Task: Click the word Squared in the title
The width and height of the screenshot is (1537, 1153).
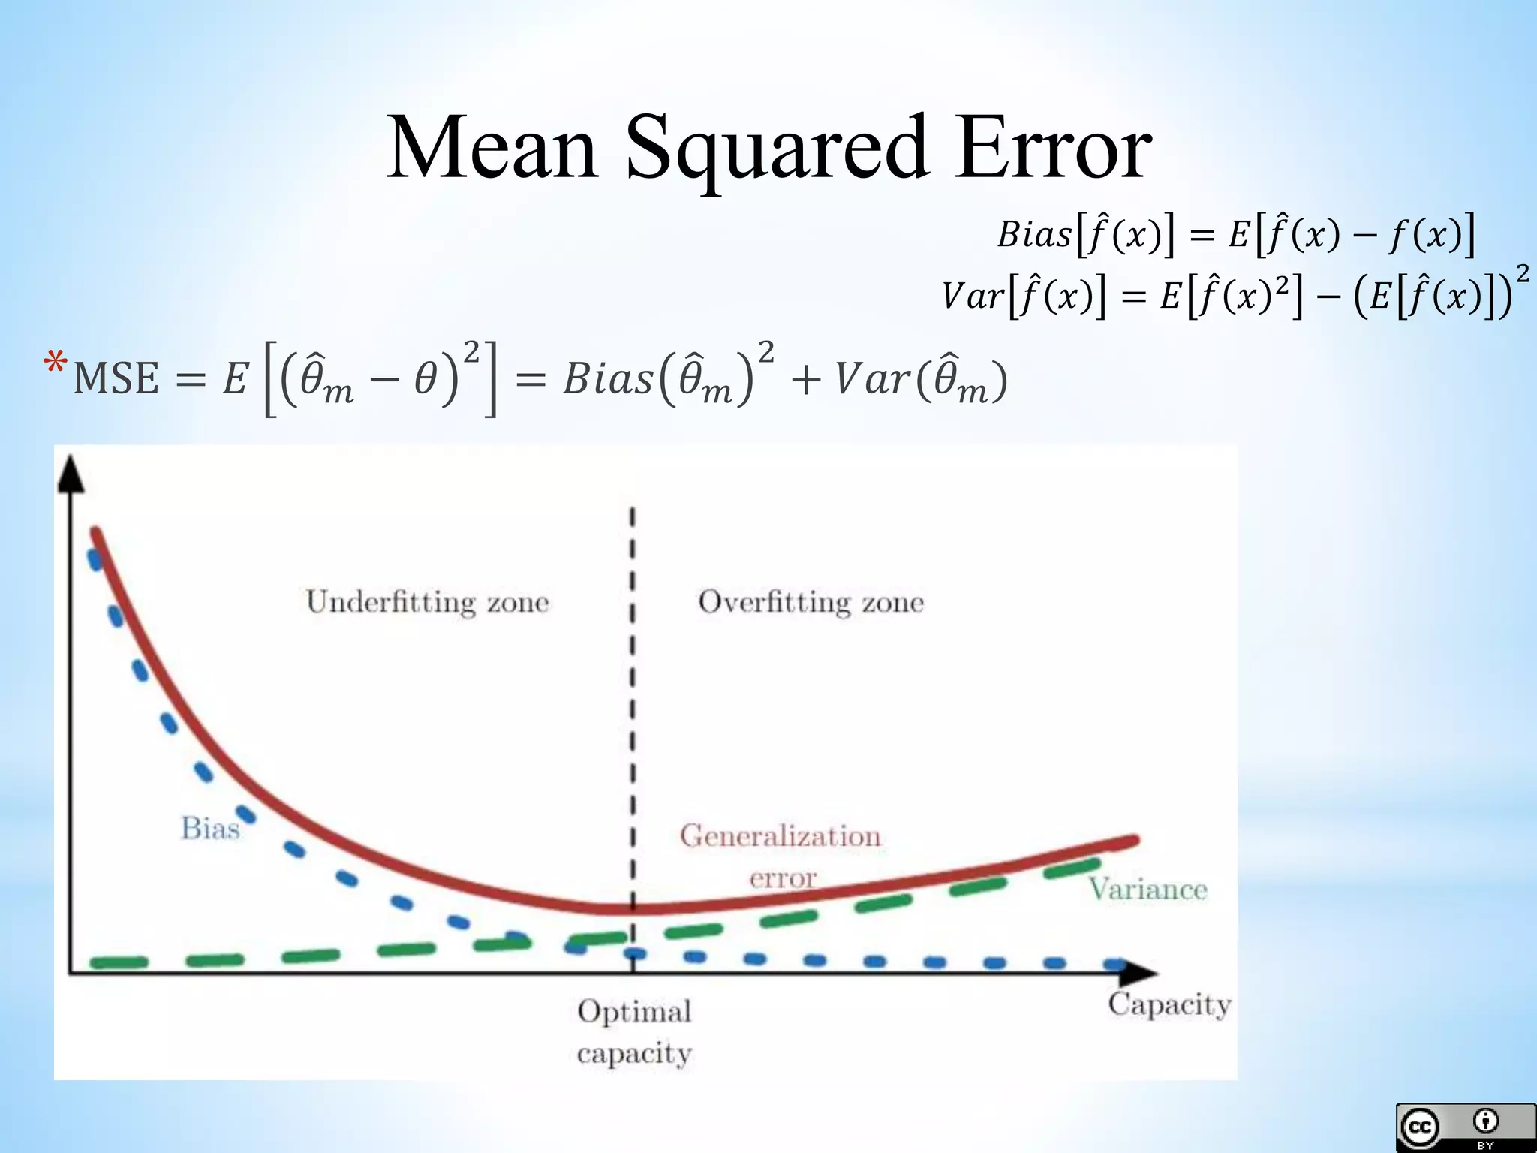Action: point(777,149)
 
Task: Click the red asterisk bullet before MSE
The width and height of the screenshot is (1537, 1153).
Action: point(56,364)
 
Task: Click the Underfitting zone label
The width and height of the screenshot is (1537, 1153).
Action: point(427,602)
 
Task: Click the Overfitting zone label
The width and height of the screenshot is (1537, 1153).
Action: point(811,602)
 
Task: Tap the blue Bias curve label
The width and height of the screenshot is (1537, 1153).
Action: point(210,829)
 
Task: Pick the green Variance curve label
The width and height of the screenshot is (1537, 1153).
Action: point(1147,890)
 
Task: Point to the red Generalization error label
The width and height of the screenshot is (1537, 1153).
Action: point(781,855)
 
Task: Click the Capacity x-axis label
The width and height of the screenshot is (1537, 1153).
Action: point(1169,1004)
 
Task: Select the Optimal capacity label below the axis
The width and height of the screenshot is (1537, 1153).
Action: point(634,1031)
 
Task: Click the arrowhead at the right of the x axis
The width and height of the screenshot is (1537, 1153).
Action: point(1137,973)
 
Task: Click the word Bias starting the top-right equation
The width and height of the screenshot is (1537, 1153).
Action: point(1033,235)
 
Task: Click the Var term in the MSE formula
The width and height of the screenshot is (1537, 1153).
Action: point(872,378)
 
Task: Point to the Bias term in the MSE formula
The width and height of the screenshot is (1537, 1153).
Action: point(608,378)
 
